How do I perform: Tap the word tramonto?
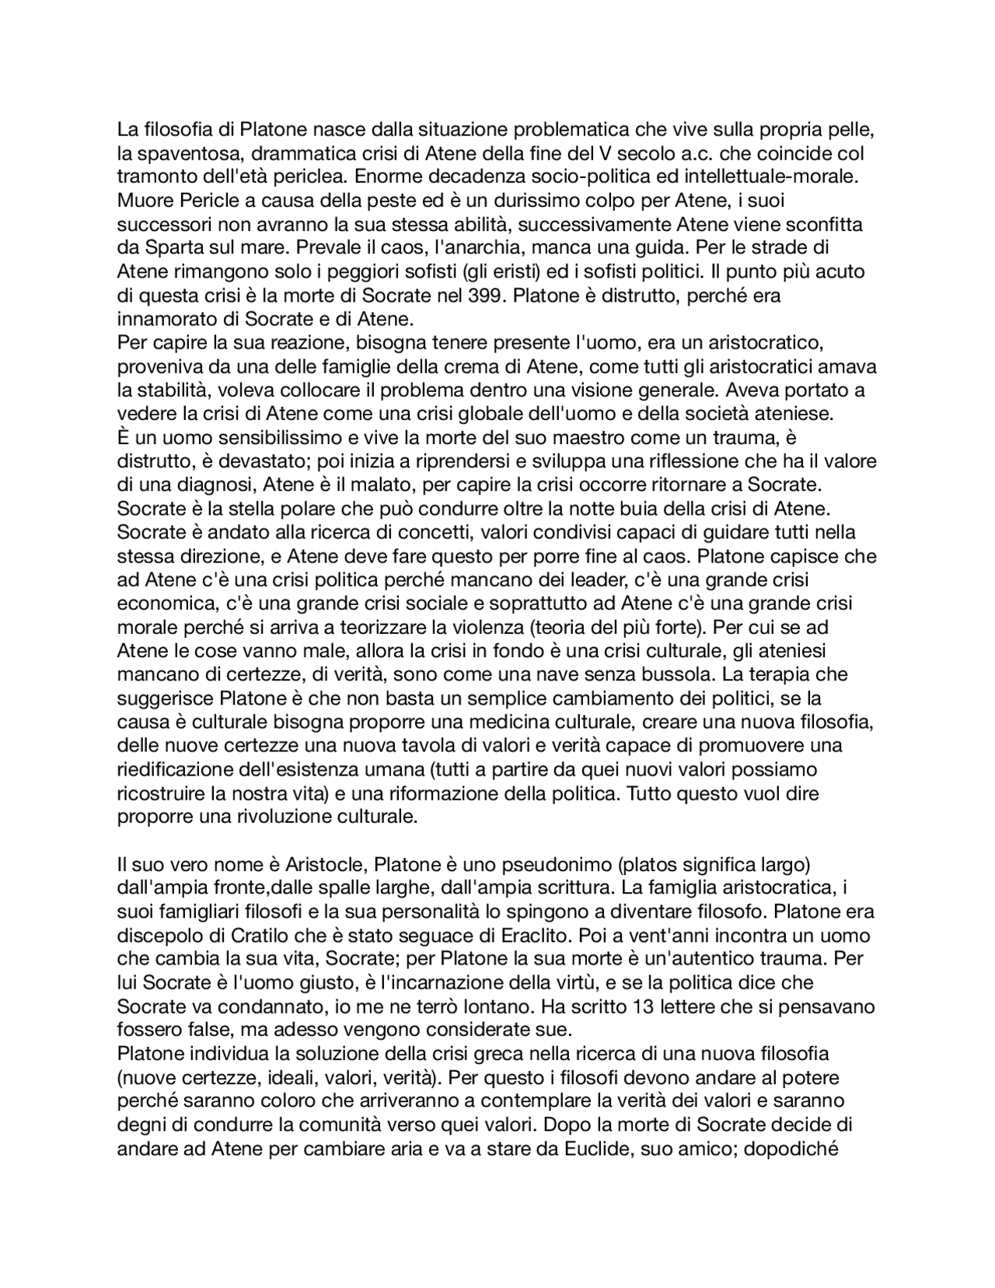click(x=155, y=177)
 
